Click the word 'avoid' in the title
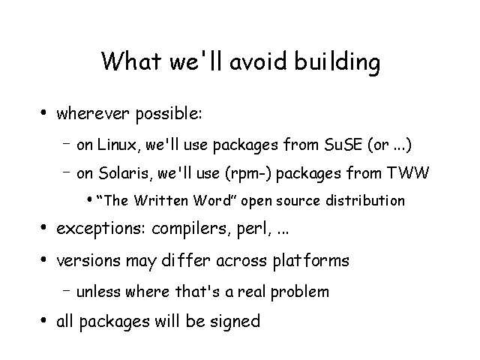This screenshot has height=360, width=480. (x=258, y=61)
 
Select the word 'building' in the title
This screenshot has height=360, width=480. (x=337, y=63)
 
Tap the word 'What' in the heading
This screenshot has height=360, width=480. (x=131, y=61)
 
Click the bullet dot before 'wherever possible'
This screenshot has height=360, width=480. (x=43, y=112)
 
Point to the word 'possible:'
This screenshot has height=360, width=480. (x=169, y=114)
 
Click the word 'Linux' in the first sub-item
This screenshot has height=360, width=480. (x=117, y=144)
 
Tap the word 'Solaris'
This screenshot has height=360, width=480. (x=123, y=173)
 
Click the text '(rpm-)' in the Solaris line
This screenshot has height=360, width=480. (x=248, y=173)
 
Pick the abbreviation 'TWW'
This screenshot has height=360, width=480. (x=408, y=172)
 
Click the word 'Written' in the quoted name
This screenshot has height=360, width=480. (x=161, y=200)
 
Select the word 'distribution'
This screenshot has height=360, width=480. (x=365, y=200)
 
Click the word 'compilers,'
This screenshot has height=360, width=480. (x=191, y=229)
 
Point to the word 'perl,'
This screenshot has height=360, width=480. (x=254, y=229)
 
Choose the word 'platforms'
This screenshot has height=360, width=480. (x=310, y=261)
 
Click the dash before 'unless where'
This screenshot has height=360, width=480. (x=67, y=290)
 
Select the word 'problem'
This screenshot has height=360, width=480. (x=300, y=292)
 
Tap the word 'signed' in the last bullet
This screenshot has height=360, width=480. (x=235, y=322)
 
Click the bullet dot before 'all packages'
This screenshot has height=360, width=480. (x=43, y=320)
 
